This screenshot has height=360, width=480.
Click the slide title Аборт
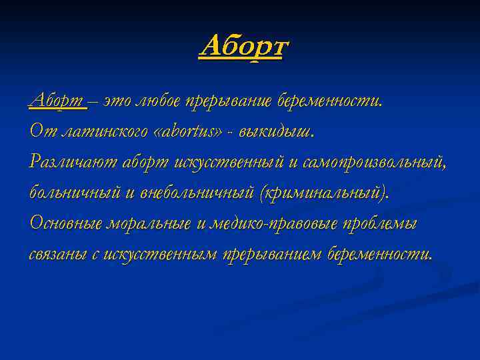(243, 47)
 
